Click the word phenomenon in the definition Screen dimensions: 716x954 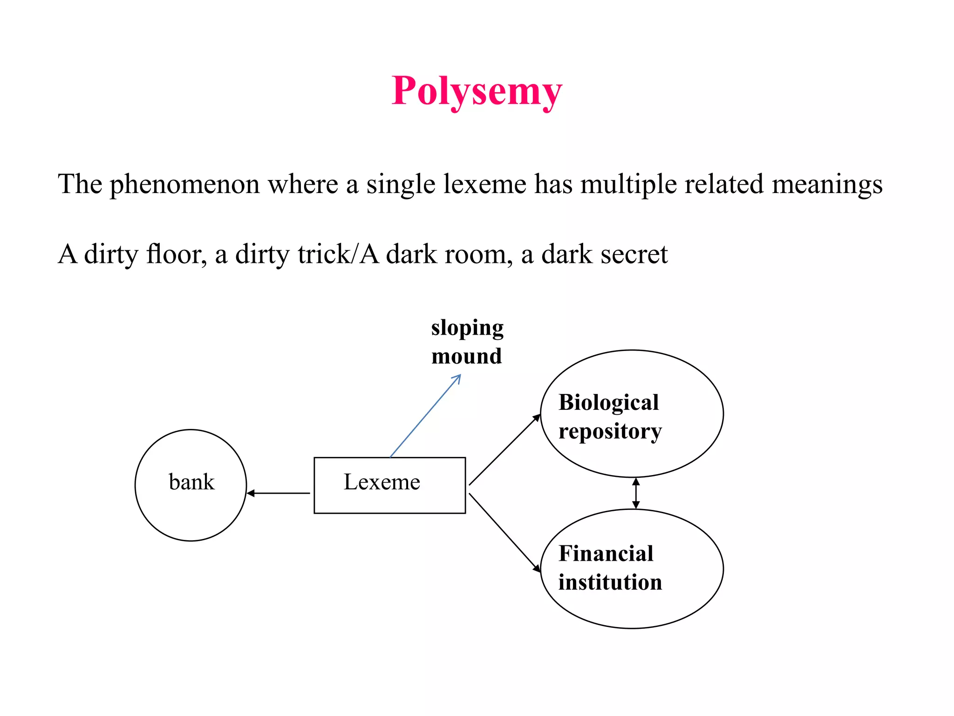click(x=184, y=184)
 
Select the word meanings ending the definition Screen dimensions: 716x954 click(x=827, y=184)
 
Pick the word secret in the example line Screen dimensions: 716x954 click(x=634, y=254)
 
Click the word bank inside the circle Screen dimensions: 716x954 click(x=191, y=482)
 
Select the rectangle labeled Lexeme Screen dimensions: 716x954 click(x=389, y=485)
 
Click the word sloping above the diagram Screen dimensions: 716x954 click(x=467, y=328)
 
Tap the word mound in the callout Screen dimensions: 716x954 click(x=466, y=356)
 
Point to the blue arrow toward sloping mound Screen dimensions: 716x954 click(x=425, y=416)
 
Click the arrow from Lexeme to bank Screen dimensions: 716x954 click(x=279, y=493)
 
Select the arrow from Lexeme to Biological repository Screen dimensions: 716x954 click(x=504, y=450)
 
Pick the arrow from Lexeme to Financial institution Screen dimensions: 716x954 click(x=504, y=532)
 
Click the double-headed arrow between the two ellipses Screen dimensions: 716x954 click(x=636, y=493)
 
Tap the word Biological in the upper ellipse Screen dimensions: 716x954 click(x=608, y=402)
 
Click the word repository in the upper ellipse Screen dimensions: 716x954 click(x=610, y=431)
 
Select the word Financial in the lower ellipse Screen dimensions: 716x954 click(x=606, y=553)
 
